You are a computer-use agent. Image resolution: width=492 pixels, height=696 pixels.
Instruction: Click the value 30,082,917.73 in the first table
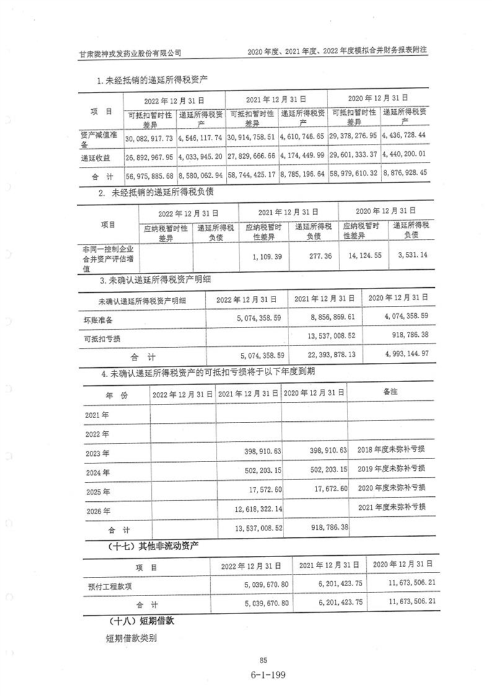click(150, 136)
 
